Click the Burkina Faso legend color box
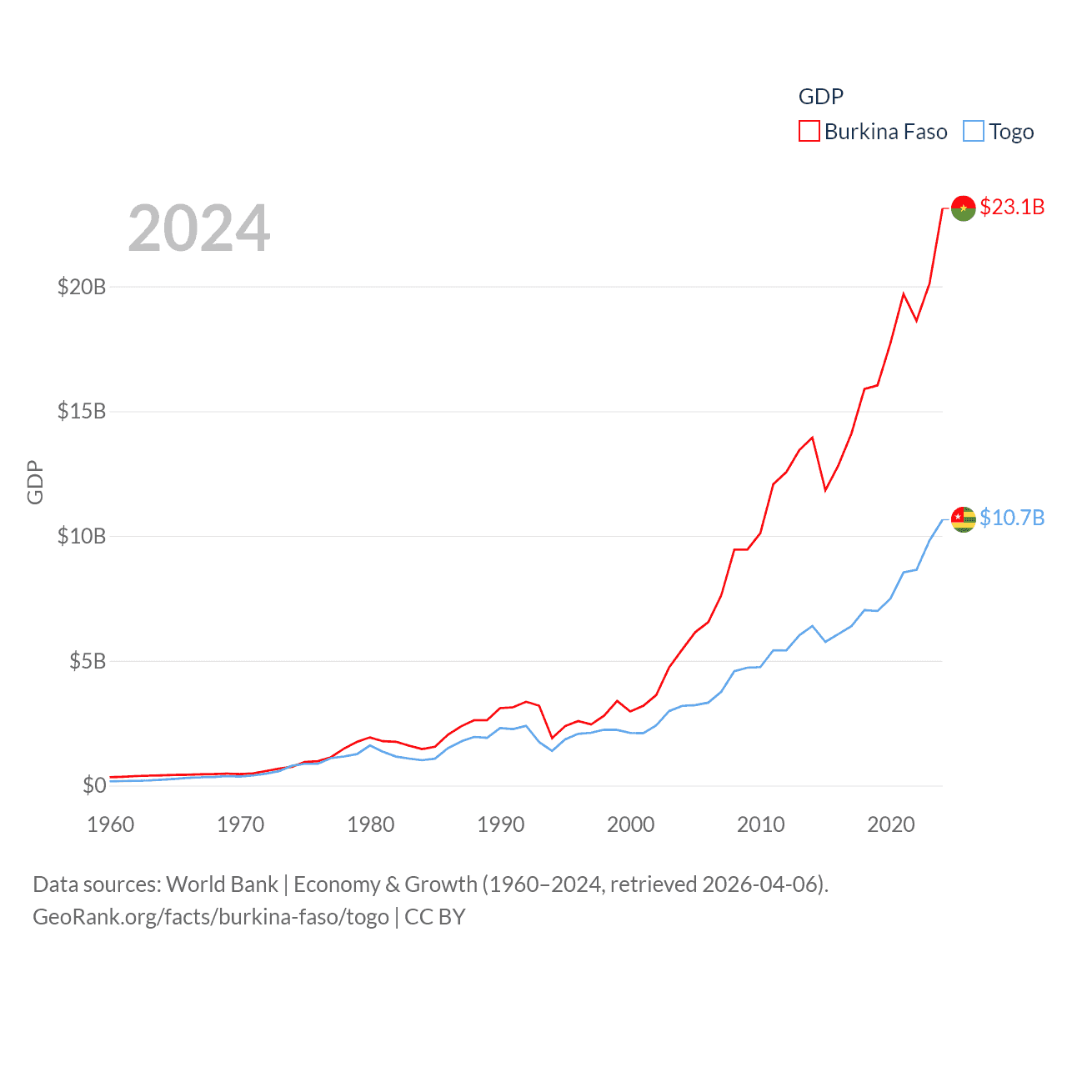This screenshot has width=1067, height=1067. [x=809, y=132]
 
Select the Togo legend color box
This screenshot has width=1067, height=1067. [x=973, y=132]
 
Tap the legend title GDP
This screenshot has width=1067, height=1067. [x=820, y=97]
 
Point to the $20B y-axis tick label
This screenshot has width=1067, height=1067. [x=82, y=287]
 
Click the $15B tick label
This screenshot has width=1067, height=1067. [x=82, y=411]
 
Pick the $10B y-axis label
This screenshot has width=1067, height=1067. [x=82, y=536]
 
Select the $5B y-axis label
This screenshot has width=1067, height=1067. [x=88, y=661]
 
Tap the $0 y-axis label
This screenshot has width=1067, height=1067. [x=94, y=785]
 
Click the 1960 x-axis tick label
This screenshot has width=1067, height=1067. [x=111, y=824]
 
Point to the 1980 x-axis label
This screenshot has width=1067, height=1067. [x=371, y=824]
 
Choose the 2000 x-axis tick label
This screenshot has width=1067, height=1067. [x=631, y=824]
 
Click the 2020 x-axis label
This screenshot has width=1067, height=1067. [x=891, y=824]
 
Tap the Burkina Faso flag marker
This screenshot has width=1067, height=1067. [x=963, y=208]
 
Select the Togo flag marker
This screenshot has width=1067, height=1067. [x=963, y=519]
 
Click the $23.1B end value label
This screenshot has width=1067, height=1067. [x=1012, y=207]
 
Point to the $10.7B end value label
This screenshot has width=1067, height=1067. [x=1012, y=518]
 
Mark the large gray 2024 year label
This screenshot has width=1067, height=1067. [x=199, y=228]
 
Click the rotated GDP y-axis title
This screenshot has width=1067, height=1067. [x=35, y=482]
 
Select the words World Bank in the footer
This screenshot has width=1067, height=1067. [x=222, y=884]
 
